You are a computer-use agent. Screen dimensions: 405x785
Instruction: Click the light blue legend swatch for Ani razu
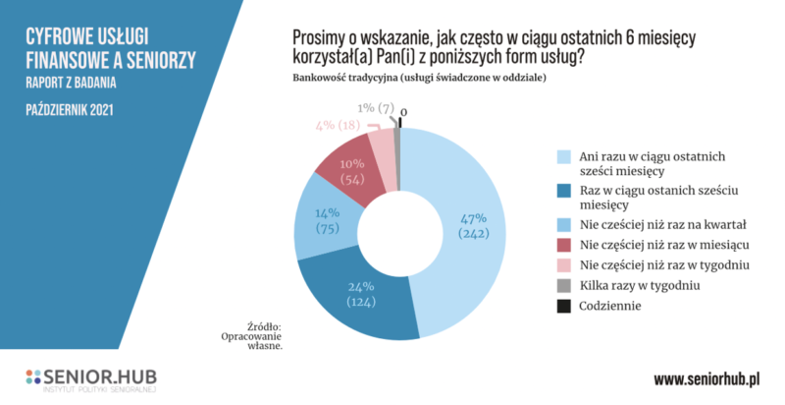coord(563,156)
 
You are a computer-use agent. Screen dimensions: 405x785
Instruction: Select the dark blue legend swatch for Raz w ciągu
coord(563,190)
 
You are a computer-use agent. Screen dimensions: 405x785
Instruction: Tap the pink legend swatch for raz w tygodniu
coord(563,265)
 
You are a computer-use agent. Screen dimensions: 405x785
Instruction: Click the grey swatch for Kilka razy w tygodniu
coord(563,286)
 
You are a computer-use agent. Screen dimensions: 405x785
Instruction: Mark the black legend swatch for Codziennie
coord(563,307)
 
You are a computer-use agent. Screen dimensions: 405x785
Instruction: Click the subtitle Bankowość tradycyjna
coord(343,77)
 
